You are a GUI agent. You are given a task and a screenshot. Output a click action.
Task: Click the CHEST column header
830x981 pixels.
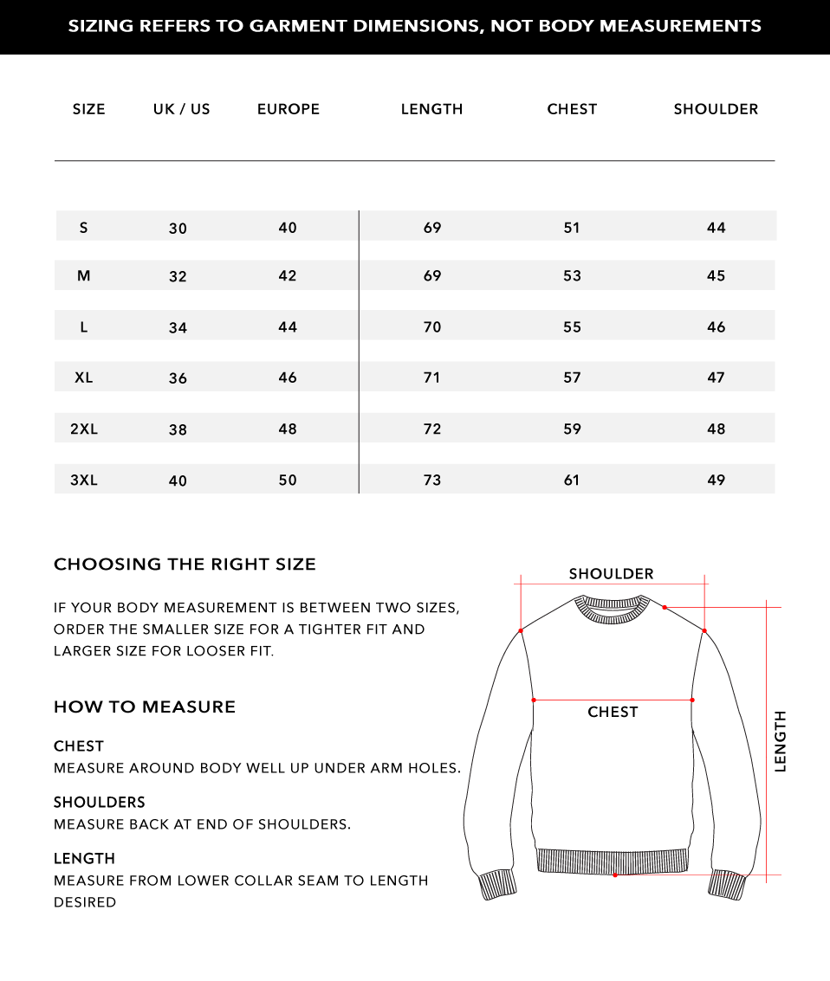572,109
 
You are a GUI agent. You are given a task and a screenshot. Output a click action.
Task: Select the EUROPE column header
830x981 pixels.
289,109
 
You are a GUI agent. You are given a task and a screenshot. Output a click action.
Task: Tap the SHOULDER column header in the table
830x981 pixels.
716,109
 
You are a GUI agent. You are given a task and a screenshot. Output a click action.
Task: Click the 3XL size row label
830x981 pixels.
84,481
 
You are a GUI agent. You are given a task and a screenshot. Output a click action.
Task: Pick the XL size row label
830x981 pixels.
84,378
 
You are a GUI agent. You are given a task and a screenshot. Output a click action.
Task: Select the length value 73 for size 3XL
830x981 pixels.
432,481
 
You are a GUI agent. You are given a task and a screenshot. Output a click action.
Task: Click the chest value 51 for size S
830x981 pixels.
572,228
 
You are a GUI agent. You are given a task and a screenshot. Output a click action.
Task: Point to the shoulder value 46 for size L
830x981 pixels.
716,327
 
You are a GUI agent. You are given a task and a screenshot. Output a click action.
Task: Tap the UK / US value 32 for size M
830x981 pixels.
178,277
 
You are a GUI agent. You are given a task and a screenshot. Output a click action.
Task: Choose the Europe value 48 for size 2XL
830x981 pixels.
288,429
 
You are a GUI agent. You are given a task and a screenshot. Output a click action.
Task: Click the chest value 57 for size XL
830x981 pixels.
572,378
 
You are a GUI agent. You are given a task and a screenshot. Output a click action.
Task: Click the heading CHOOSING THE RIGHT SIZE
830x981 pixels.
185,565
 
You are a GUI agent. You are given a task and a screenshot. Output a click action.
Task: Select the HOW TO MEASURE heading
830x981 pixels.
145,707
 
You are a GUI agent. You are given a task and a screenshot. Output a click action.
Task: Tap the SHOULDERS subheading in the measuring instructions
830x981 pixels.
100,803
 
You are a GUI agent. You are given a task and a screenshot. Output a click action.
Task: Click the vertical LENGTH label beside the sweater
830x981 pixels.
781,741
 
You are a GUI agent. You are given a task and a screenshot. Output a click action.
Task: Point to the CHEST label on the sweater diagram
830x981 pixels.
613,712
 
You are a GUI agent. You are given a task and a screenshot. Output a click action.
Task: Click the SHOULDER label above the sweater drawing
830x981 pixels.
611,574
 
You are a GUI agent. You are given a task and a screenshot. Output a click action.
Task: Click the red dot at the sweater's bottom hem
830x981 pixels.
615,875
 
